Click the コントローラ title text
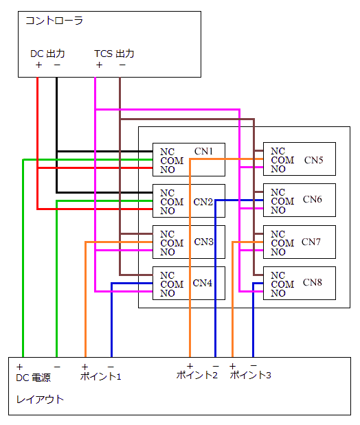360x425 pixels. tap(54, 21)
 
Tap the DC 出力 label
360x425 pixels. tap(47, 54)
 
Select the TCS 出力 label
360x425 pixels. tap(114, 54)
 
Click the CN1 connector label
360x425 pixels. tap(203, 151)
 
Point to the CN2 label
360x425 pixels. tap(203, 202)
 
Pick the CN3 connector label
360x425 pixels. tap(204, 242)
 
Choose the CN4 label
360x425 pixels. tap(203, 283)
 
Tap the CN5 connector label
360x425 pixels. tap(313, 160)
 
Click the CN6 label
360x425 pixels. tap(313, 200)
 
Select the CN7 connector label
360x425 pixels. tap(311, 242)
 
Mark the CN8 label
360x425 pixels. tap(313, 282)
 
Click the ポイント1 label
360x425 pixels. tap(100, 376)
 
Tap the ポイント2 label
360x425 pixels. tap(197, 375)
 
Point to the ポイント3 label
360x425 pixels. tap(250, 375)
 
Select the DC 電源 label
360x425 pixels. tap(33, 378)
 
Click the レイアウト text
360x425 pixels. tap(40, 400)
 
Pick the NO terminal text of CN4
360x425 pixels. tap(168, 293)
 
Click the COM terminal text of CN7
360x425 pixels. tap(282, 243)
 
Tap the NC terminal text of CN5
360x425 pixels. tap(278, 151)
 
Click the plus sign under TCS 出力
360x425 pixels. tap(99, 65)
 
